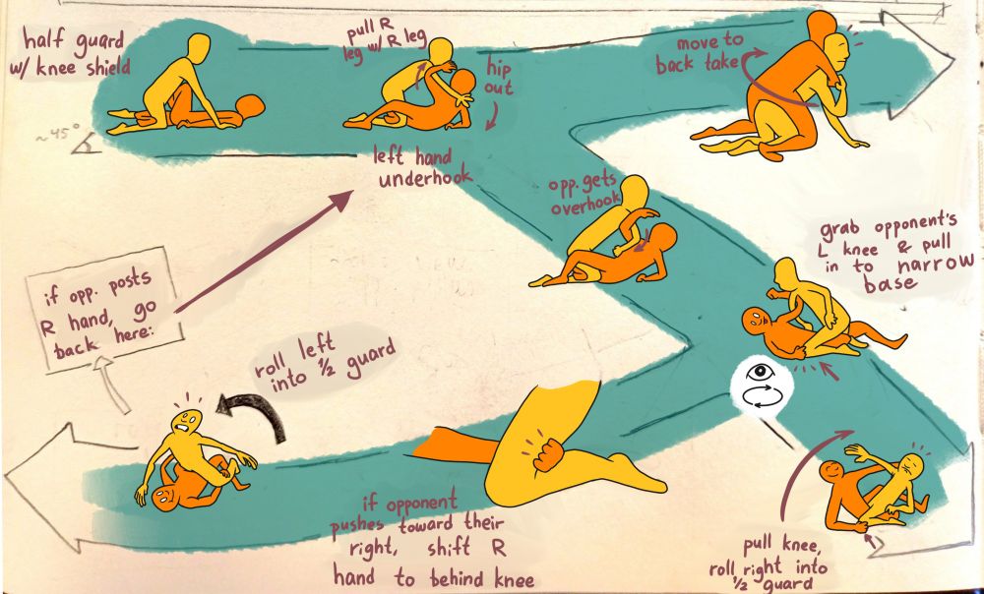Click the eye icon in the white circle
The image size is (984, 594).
point(758,373)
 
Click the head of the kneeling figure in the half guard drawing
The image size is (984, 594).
point(199,45)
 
